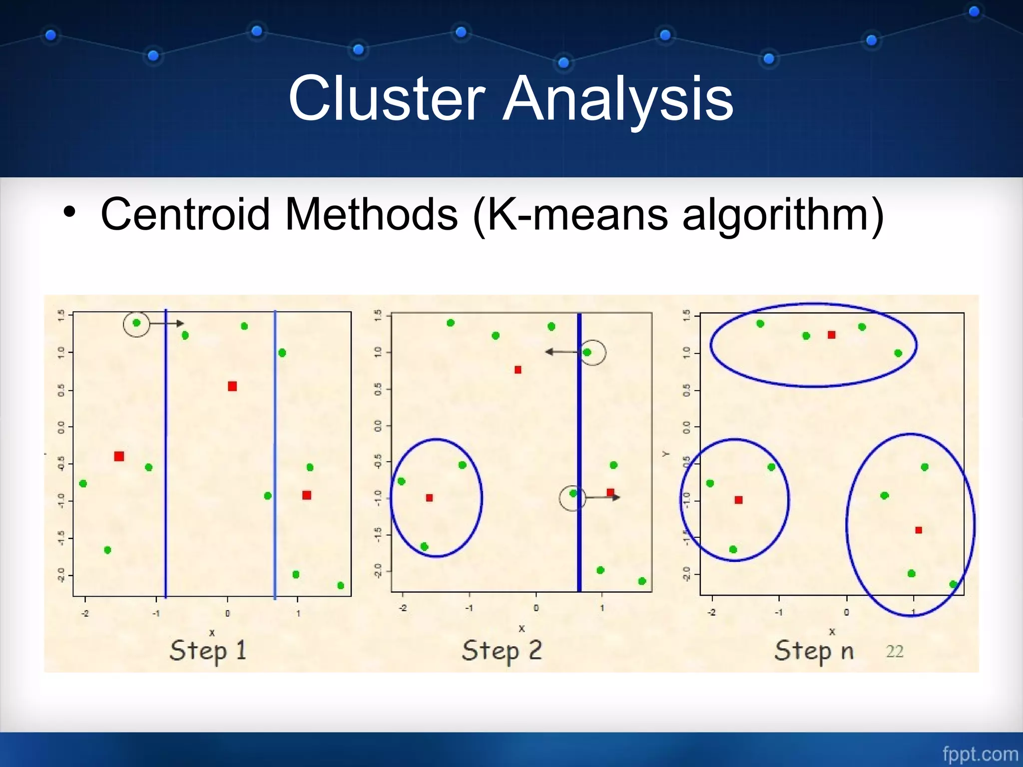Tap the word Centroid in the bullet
pos(185,214)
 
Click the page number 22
pos(894,652)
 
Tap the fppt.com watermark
pos(980,754)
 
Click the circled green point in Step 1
pos(136,323)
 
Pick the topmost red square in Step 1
pos(232,386)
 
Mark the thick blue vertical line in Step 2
pos(579,449)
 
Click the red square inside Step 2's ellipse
pos(429,498)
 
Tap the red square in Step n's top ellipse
pos(831,335)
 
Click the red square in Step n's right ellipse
pos(918,530)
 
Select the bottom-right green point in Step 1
pos(341,585)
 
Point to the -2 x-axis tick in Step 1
pos(85,614)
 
